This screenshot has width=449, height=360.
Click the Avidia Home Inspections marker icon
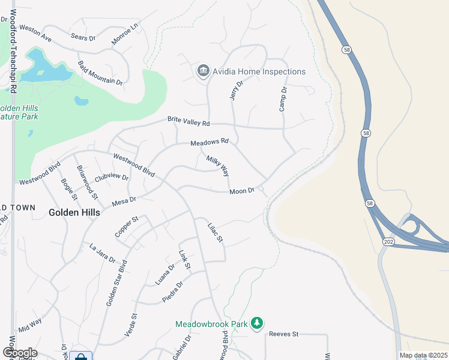click(203, 71)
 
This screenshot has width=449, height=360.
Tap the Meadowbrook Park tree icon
click(257, 324)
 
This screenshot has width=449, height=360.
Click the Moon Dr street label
click(243, 191)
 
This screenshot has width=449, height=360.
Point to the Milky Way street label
click(218, 166)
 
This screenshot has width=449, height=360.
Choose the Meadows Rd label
click(209, 142)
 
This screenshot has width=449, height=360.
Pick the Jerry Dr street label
click(236, 90)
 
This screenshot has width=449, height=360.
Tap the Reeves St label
click(284, 334)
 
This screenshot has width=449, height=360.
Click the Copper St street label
click(127, 227)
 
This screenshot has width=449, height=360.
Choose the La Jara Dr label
click(102, 253)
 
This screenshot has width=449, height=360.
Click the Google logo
click(20, 353)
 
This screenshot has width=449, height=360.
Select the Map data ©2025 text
click(423, 355)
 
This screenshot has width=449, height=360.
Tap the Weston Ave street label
click(35, 33)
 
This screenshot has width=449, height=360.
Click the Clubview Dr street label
click(112, 177)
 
